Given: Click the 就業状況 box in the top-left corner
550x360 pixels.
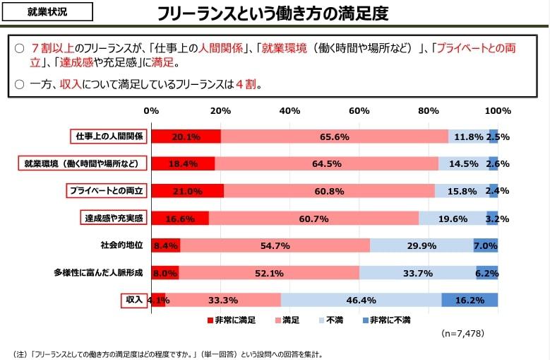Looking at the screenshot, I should pos(48,12).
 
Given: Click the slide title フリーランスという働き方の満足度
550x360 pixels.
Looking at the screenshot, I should pos(273,13).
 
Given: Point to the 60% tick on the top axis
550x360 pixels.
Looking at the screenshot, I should pos(359,111).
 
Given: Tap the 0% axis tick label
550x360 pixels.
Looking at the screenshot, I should pos(151,111).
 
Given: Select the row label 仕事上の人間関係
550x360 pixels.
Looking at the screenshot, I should pos(109,137).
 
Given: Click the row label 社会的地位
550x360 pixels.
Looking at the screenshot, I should pos(121,245).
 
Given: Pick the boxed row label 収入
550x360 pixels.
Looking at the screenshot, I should pos(134,300).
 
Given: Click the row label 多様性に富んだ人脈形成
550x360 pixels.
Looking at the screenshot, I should pos(98,273).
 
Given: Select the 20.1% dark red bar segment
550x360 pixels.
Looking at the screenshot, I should pos(186,137).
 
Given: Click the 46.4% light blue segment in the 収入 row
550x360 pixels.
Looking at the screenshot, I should pos(361,300).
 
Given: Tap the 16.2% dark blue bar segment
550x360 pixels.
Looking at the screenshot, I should pos(470,300).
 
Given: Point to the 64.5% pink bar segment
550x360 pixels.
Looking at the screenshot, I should pos(326,163).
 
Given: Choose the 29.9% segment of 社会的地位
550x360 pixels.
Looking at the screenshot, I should pos(422,245).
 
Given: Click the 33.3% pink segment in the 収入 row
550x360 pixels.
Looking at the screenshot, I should pos(223,300).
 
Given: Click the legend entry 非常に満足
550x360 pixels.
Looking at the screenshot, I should pos(232,320).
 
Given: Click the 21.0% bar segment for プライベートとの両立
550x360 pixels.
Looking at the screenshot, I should pos(187,191).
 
